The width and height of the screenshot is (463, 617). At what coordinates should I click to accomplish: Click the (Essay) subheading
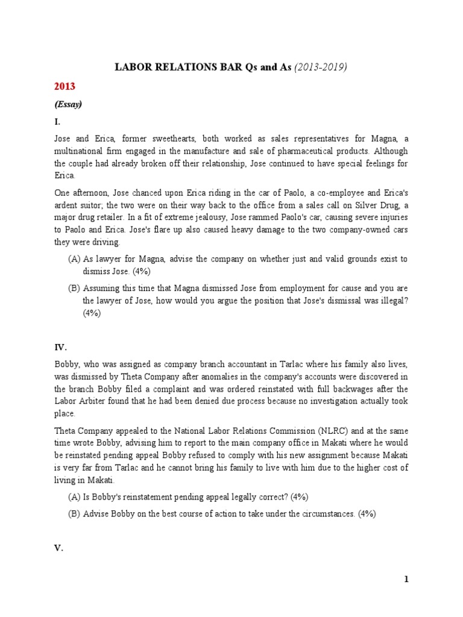(x=69, y=104)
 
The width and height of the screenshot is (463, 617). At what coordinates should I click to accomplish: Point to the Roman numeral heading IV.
(x=61, y=348)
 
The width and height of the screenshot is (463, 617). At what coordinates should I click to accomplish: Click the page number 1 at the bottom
(x=406, y=580)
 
